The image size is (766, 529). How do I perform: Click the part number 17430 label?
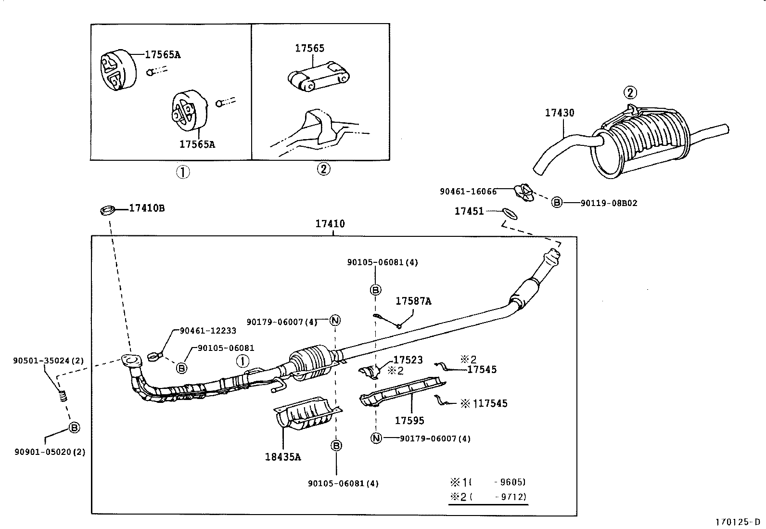point(559,113)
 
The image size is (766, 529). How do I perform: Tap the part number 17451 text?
point(469,211)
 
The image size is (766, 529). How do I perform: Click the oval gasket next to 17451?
point(510,213)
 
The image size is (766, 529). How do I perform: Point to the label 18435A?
point(282,457)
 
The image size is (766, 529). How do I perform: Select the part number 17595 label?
point(409,420)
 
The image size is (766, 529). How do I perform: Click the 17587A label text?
point(413,301)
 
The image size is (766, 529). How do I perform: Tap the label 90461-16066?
point(468,191)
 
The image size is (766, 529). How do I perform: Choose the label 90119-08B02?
point(609,203)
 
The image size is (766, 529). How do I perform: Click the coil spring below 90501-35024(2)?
point(61,397)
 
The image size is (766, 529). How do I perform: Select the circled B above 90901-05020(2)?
point(74,427)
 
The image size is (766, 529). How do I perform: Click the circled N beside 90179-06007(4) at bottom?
point(376,438)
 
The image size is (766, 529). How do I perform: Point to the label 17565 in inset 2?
point(309,48)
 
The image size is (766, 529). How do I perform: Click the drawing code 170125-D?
point(738,522)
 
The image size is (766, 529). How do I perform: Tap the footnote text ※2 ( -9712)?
point(488,497)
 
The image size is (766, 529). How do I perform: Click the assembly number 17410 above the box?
point(330,224)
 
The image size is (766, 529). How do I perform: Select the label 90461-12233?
point(208,331)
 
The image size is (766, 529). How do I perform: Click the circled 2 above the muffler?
point(630,92)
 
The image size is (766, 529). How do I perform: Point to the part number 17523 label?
point(408,360)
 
